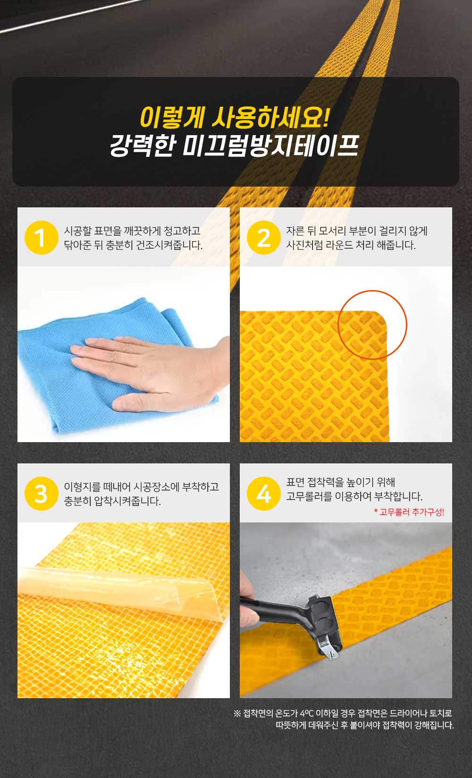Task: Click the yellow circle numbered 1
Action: (42, 238)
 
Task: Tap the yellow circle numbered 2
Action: (264, 238)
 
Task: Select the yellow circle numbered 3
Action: (42, 494)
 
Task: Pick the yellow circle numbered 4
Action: (264, 494)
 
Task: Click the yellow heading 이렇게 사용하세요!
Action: (235, 117)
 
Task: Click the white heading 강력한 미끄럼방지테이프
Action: (235, 145)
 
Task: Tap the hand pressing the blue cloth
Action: (149, 370)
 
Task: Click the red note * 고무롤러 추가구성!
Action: (409, 512)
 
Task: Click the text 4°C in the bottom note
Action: (306, 713)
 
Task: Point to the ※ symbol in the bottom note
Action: (237, 713)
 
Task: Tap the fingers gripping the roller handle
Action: (249, 596)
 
